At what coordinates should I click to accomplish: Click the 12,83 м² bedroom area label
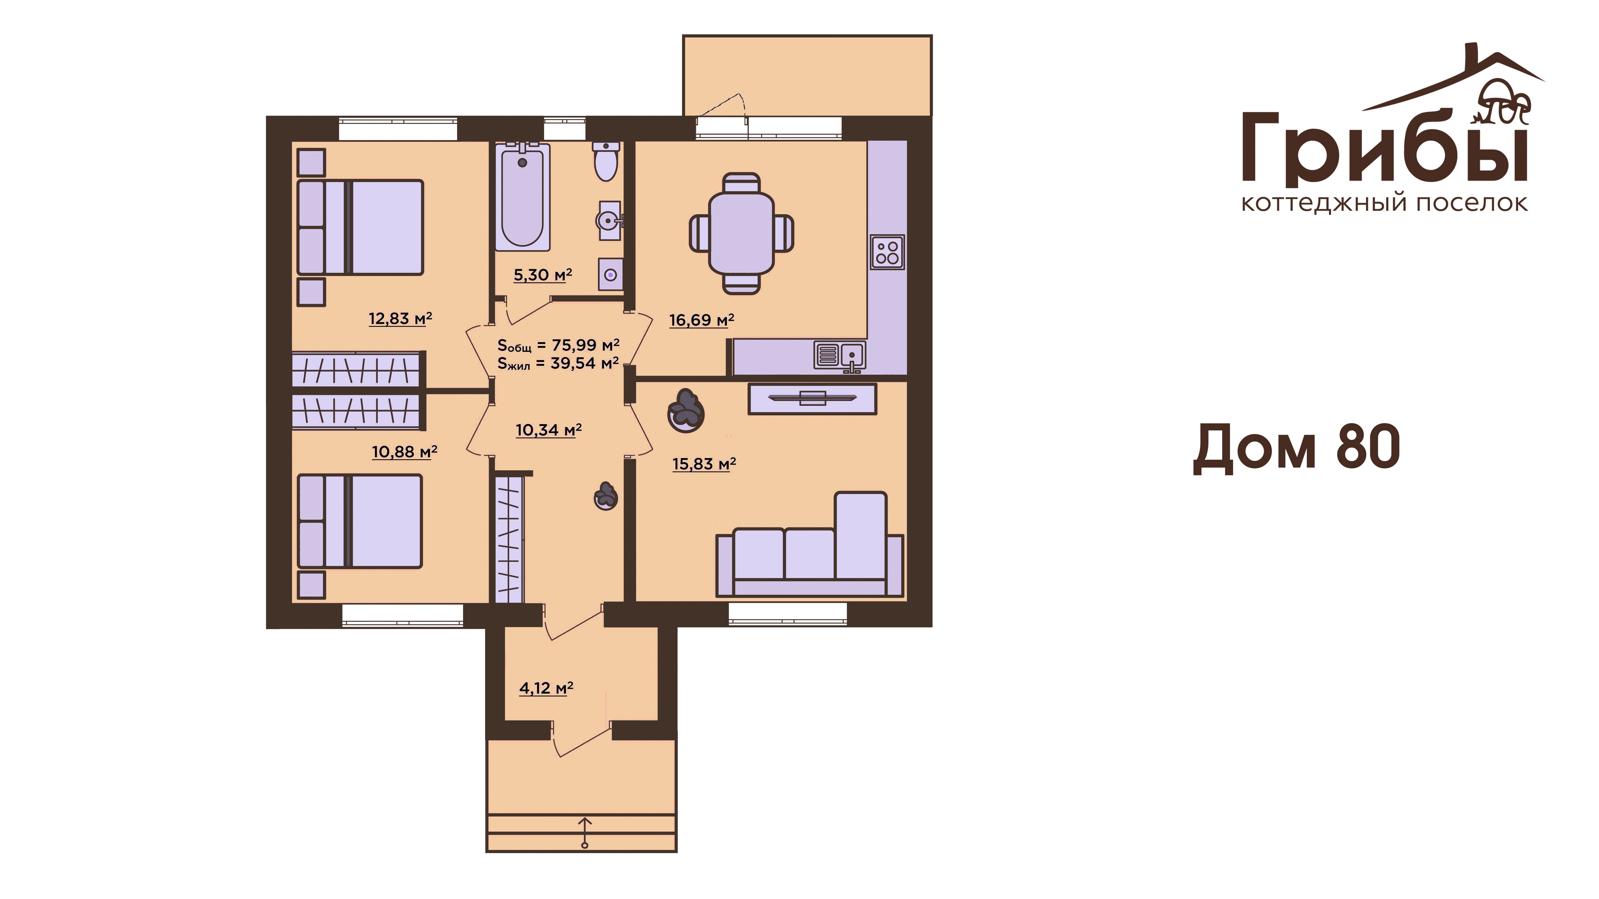[400, 319]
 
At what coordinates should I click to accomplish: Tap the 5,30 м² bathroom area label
[542, 274]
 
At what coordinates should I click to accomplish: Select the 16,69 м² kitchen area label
[701, 320]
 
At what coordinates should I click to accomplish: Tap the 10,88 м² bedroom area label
[405, 451]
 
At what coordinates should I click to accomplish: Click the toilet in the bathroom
[606, 161]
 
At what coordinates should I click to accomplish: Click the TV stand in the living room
[813, 399]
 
